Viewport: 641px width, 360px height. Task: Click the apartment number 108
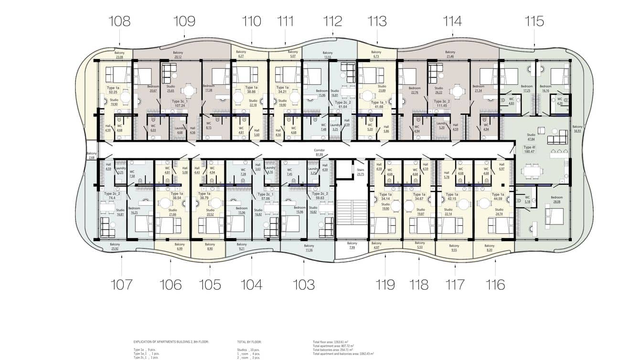point(119,21)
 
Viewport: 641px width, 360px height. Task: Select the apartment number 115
point(534,21)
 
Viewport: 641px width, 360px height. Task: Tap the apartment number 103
point(304,285)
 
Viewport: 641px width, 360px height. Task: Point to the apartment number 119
point(385,285)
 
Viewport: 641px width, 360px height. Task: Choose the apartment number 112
point(332,21)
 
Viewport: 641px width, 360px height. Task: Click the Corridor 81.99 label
point(320,152)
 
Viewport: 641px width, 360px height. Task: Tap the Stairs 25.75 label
point(361,172)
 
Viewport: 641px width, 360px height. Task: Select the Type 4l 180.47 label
point(529,150)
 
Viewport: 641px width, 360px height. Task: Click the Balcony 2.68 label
point(92,156)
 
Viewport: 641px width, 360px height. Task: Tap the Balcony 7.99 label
point(352,245)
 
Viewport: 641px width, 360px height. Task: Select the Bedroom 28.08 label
point(556,199)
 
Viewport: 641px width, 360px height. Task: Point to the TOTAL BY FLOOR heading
point(249,342)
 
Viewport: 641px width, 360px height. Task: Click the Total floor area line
point(333,342)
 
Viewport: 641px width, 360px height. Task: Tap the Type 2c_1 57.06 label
point(265,196)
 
